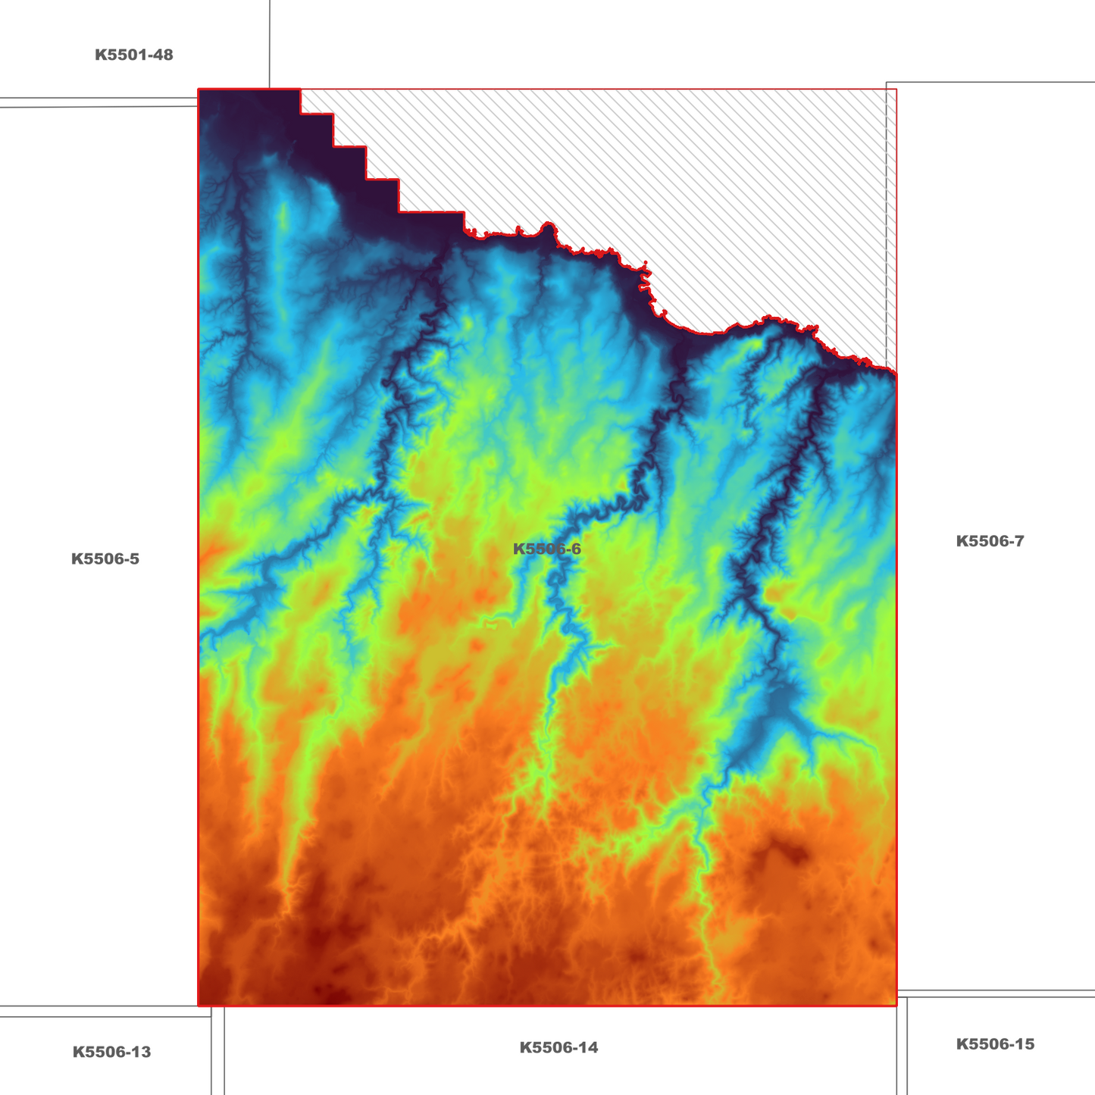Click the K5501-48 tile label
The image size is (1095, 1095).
coord(133,55)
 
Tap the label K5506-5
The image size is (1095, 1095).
coord(105,559)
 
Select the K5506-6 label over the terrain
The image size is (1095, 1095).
coord(546,549)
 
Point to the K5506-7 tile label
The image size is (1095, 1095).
coord(990,541)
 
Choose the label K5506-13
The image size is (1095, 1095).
coord(111,1052)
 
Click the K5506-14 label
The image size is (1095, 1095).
coord(558,1048)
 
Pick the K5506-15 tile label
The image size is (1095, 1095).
coord(995,1044)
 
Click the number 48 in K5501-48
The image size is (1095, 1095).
coord(162,55)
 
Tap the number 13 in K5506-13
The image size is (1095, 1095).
coord(140,1052)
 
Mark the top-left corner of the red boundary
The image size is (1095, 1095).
coord(199,89)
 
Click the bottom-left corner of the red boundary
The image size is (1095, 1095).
coord(199,1006)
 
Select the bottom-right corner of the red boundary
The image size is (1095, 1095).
coord(896,1006)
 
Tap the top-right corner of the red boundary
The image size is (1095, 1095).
coord(896,89)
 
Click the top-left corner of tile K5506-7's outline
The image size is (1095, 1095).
coord(887,83)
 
